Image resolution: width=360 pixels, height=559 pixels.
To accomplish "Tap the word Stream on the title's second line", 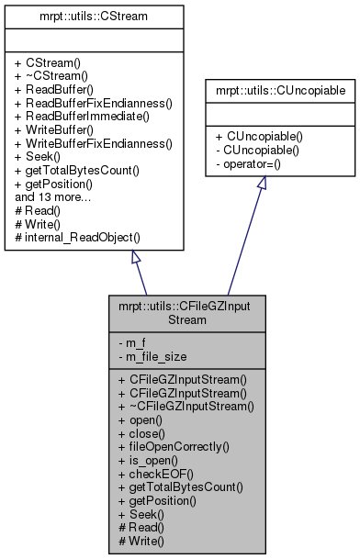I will [186, 320].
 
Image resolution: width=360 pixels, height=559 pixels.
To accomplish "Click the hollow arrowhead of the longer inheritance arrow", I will [262, 183].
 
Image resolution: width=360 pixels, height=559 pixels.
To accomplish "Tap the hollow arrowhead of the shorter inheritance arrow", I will [135, 256].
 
